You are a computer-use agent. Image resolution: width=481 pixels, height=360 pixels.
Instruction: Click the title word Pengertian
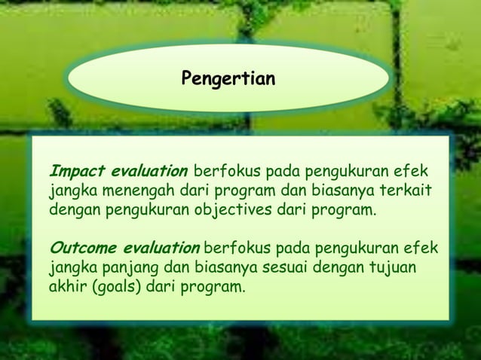click(228, 78)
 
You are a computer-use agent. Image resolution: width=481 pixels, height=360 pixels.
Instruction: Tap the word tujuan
click(391, 269)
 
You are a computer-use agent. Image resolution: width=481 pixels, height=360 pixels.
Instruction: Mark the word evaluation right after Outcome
click(159, 249)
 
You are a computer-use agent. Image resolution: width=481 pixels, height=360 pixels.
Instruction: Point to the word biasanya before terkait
click(349, 188)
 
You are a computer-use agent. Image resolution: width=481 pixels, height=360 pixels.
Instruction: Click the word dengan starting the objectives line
click(74, 208)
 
